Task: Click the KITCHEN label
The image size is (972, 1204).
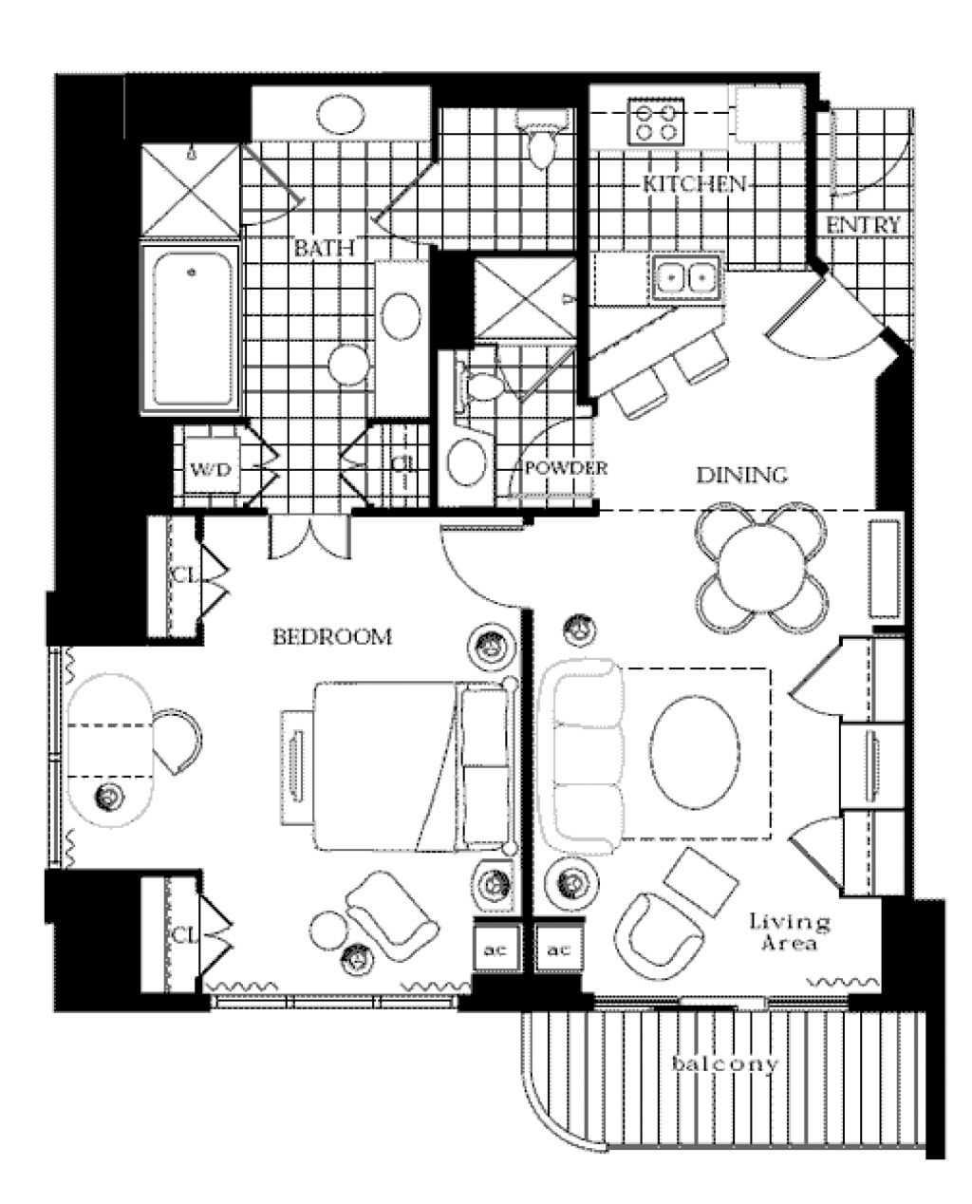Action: point(694,183)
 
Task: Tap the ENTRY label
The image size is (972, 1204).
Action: point(863,225)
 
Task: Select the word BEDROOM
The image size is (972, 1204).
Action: point(331,636)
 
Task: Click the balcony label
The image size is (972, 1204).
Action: point(724,1063)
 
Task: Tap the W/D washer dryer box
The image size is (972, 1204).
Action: point(211,468)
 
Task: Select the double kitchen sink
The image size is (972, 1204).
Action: point(685,276)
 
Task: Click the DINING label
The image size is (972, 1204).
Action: point(741,475)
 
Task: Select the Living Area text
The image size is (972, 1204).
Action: point(788,931)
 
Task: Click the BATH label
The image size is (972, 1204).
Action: point(323,249)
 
